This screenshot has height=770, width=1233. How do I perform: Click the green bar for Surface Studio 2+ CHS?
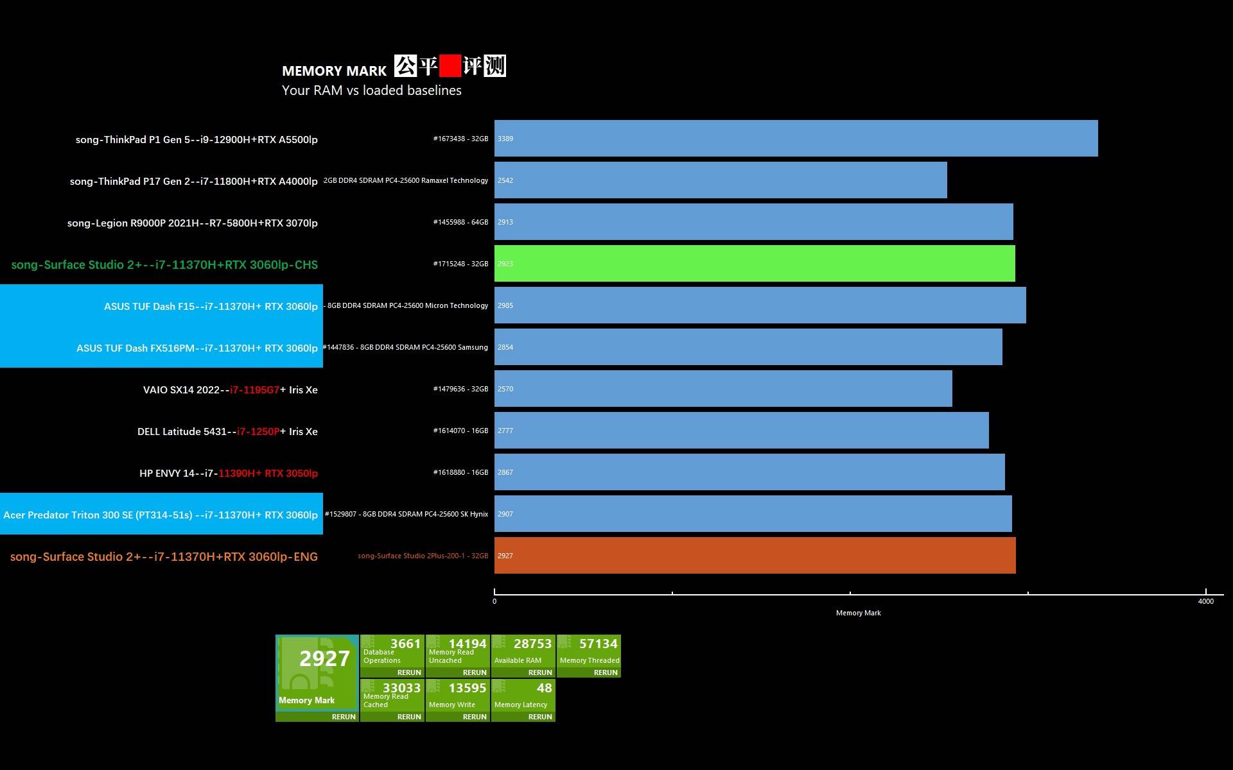click(755, 264)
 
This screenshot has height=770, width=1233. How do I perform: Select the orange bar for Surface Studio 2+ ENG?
click(755, 556)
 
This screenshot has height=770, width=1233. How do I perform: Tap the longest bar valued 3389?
click(796, 139)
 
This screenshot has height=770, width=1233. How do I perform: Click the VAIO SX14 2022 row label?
click(230, 390)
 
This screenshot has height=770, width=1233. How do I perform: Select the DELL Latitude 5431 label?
click(227, 432)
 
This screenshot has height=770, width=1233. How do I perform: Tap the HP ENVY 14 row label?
click(228, 474)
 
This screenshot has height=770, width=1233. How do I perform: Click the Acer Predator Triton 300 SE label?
click(161, 515)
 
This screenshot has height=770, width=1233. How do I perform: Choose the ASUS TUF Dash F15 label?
click(211, 307)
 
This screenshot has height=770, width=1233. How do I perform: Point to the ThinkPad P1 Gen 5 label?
click(197, 140)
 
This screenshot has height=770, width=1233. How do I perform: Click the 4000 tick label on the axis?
click(1205, 601)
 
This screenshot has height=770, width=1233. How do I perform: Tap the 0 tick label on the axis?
click(494, 601)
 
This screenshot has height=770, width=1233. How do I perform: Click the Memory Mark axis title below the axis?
click(858, 613)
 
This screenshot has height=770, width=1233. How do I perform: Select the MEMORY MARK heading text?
click(334, 71)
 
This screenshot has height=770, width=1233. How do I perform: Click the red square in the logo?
click(450, 65)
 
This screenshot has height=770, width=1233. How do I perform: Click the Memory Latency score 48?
click(544, 689)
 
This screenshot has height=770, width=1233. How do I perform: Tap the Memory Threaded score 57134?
click(598, 644)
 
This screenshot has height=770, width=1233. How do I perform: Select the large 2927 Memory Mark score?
click(324, 659)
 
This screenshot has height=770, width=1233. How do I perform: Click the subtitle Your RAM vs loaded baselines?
click(371, 90)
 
